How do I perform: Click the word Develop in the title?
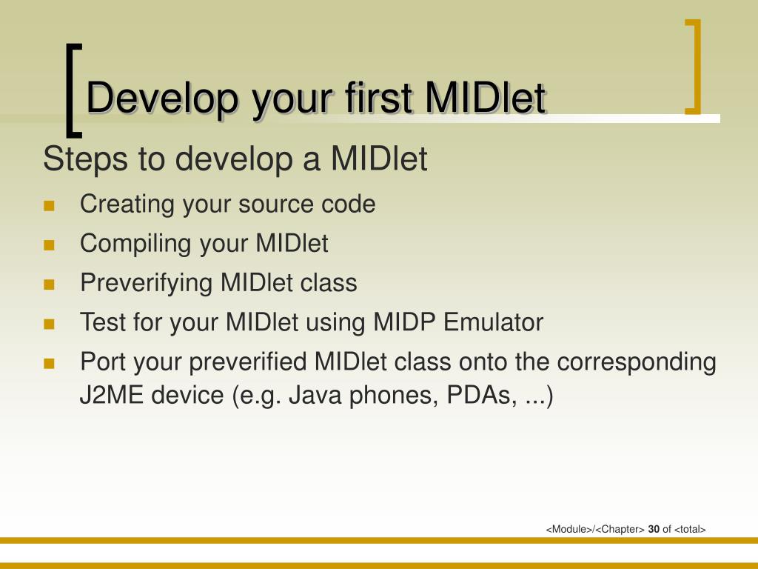(162, 99)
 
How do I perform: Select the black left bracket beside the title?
(73, 90)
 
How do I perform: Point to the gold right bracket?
(693, 67)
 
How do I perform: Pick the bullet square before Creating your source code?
(49, 206)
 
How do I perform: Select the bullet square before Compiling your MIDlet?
(49, 245)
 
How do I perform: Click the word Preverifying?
(146, 284)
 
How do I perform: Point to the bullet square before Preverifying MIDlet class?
(49, 284)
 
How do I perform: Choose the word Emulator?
(494, 322)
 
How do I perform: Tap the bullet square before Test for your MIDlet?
(49, 324)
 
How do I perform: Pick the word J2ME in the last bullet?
(111, 396)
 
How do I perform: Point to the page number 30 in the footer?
(654, 529)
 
